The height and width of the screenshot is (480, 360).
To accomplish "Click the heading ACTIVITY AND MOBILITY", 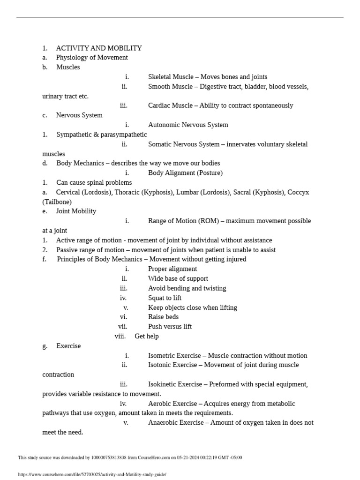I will click(99, 48).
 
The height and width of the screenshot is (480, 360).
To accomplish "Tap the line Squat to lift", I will click(165, 298).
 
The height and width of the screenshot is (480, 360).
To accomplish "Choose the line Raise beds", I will click(163, 317).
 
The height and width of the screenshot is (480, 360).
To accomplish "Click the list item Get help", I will click(146, 336).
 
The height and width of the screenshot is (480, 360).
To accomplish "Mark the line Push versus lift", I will click(170, 326).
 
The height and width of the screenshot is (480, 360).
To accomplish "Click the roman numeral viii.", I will click(120, 336).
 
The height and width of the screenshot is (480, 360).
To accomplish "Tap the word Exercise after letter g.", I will click(68, 346).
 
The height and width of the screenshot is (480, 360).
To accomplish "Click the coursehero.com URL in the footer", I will click(92, 474).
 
